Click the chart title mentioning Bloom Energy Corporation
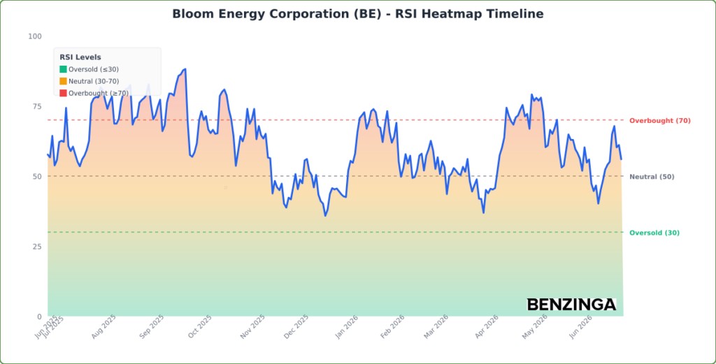coord(357,14)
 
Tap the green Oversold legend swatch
coord(63,69)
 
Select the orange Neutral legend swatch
coord(63,81)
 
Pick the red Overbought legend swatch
coord(63,93)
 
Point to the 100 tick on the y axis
coord(35,36)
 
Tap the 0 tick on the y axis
coord(39,316)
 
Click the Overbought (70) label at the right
coord(660,120)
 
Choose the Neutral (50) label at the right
coord(652,177)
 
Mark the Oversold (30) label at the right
coord(654,233)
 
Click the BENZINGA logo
coord(572,305)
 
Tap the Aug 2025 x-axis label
coord(103,327)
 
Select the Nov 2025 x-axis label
coord(252,327)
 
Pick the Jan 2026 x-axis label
coord(345,327)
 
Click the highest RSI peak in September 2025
coord(185,69)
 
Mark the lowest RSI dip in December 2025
coord(325,216)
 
